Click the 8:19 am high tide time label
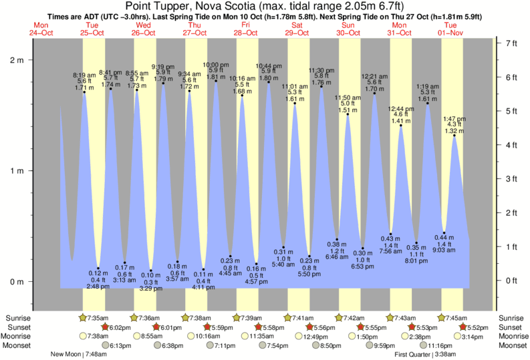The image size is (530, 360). pos(84,75)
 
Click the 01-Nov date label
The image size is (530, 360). pos(451,33)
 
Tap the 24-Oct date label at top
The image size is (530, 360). pos(42,33)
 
